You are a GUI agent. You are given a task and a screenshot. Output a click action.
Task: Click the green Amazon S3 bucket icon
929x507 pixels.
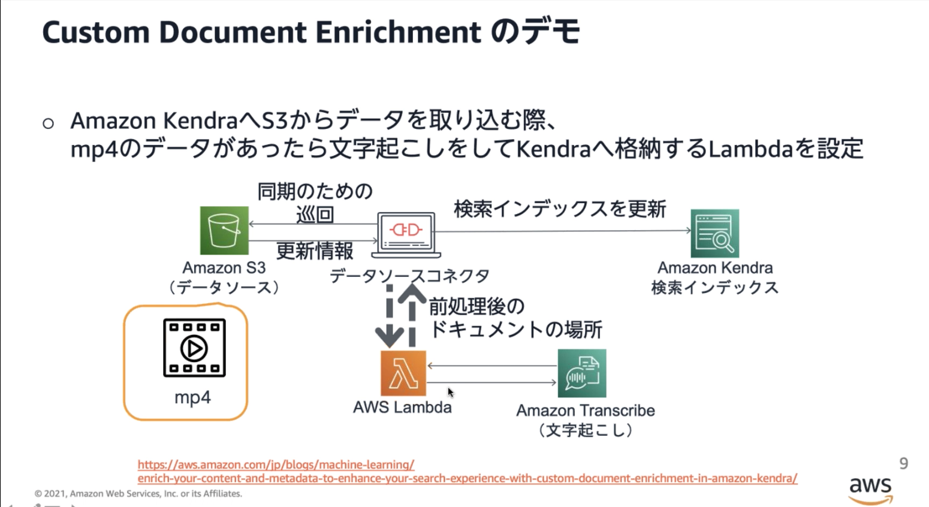click(224, 231)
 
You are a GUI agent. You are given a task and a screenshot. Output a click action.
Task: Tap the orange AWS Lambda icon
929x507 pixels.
click(403, 373)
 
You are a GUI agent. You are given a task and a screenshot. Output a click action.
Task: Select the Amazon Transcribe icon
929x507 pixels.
click(581, 373)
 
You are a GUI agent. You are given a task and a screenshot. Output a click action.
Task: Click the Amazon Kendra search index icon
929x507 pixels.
click(714, 233)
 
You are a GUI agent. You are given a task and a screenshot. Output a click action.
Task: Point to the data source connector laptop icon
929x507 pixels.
click(407, 233)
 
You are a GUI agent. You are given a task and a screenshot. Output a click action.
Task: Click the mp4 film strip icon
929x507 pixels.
click(194, 348)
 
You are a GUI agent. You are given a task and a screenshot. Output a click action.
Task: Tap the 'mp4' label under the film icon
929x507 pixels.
click(192, 397)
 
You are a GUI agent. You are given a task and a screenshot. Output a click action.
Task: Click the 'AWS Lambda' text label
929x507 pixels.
click(402, 408)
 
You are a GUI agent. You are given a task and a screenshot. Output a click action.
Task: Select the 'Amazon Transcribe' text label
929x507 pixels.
click(586, 411)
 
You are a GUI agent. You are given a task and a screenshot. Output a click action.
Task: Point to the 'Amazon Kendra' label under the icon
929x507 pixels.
click(715, 268)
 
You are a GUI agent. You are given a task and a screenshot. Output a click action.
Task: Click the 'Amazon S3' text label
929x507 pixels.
click(224, 268)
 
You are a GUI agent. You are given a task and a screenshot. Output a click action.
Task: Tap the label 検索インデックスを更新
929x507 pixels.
click(560, 209)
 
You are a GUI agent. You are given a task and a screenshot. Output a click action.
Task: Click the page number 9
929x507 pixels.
click(903, 463)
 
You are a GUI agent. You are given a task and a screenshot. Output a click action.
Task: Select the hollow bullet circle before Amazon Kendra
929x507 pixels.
click(49, 123)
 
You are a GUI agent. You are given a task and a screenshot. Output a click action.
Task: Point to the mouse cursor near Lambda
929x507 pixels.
click(451, 392)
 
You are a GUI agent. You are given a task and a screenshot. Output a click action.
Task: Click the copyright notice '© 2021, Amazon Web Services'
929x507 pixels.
click(138, 494)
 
